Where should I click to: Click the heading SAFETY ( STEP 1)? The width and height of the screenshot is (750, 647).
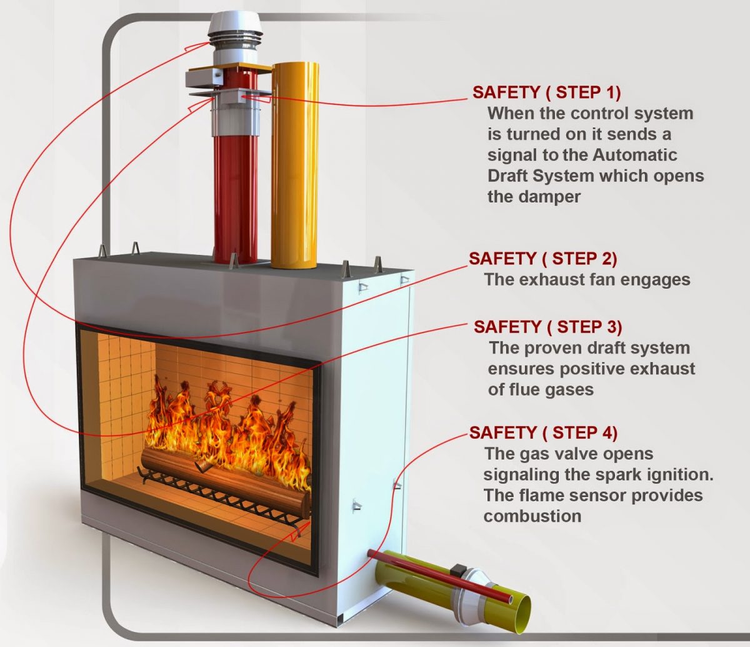click(x=546, y=92)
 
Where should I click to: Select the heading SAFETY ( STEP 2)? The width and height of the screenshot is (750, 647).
click(x=542, y=258)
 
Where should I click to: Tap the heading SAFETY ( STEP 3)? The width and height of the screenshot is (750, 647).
click(x=547, y=327)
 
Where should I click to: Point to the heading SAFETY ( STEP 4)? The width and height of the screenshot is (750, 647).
click(x=543, y=432)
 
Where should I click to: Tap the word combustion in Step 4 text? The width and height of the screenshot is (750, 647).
click(x=532, y=516)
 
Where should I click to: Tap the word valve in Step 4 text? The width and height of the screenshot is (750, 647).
click(x=572, y=453)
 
